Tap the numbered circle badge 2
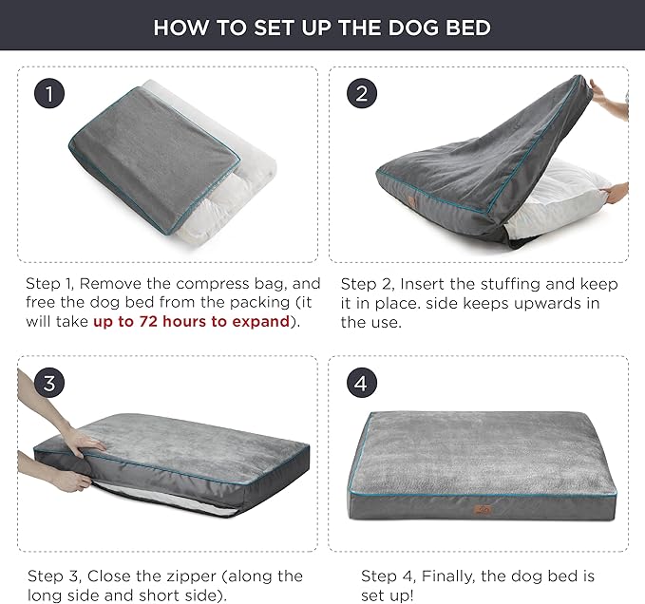(360, 93)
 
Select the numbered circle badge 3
(49, 383)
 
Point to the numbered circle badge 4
(360, 383)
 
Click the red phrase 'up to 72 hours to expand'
(191, 321)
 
